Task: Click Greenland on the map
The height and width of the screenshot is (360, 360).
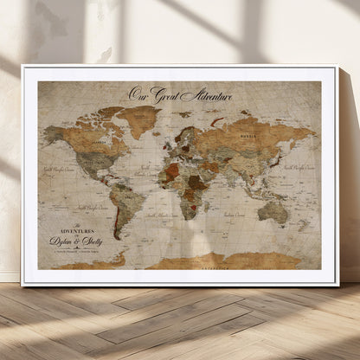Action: [139, 117]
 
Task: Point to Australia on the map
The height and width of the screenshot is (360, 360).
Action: [273, 210]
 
